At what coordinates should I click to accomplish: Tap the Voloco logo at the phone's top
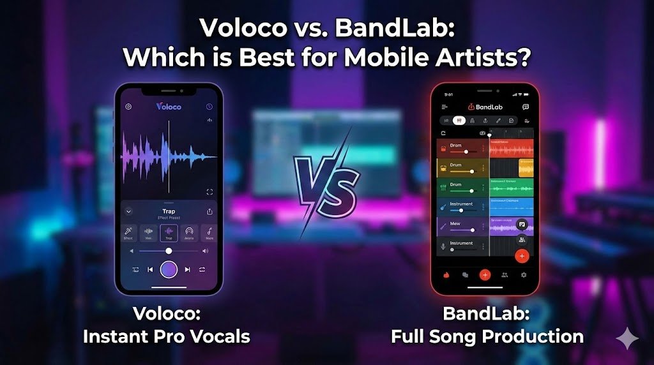(x=169, y=107)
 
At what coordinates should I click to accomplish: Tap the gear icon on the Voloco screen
(x=128, y=107)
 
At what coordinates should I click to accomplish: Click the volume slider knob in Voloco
(x=169, y=251)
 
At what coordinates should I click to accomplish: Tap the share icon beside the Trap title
(x=209, y=211)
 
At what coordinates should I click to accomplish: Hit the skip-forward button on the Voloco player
(x=187, y=269)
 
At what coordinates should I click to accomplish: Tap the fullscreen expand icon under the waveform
(x=209, y=191)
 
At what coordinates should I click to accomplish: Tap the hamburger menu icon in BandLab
(x=445, y=107)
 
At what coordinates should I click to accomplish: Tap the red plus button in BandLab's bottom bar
(x=485, y=274)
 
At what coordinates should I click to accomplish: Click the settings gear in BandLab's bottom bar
(x=524, y=274)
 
